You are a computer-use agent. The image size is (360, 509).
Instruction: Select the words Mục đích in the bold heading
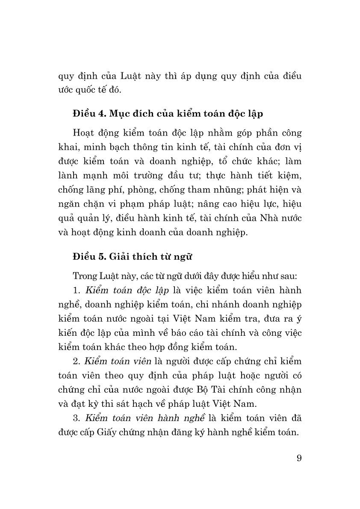coord(129,114)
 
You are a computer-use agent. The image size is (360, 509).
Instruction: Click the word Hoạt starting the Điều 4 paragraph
coord(86,133)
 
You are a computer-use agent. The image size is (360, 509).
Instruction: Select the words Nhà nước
coord(281,219)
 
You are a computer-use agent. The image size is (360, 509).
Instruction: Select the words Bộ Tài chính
coord(221,390)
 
